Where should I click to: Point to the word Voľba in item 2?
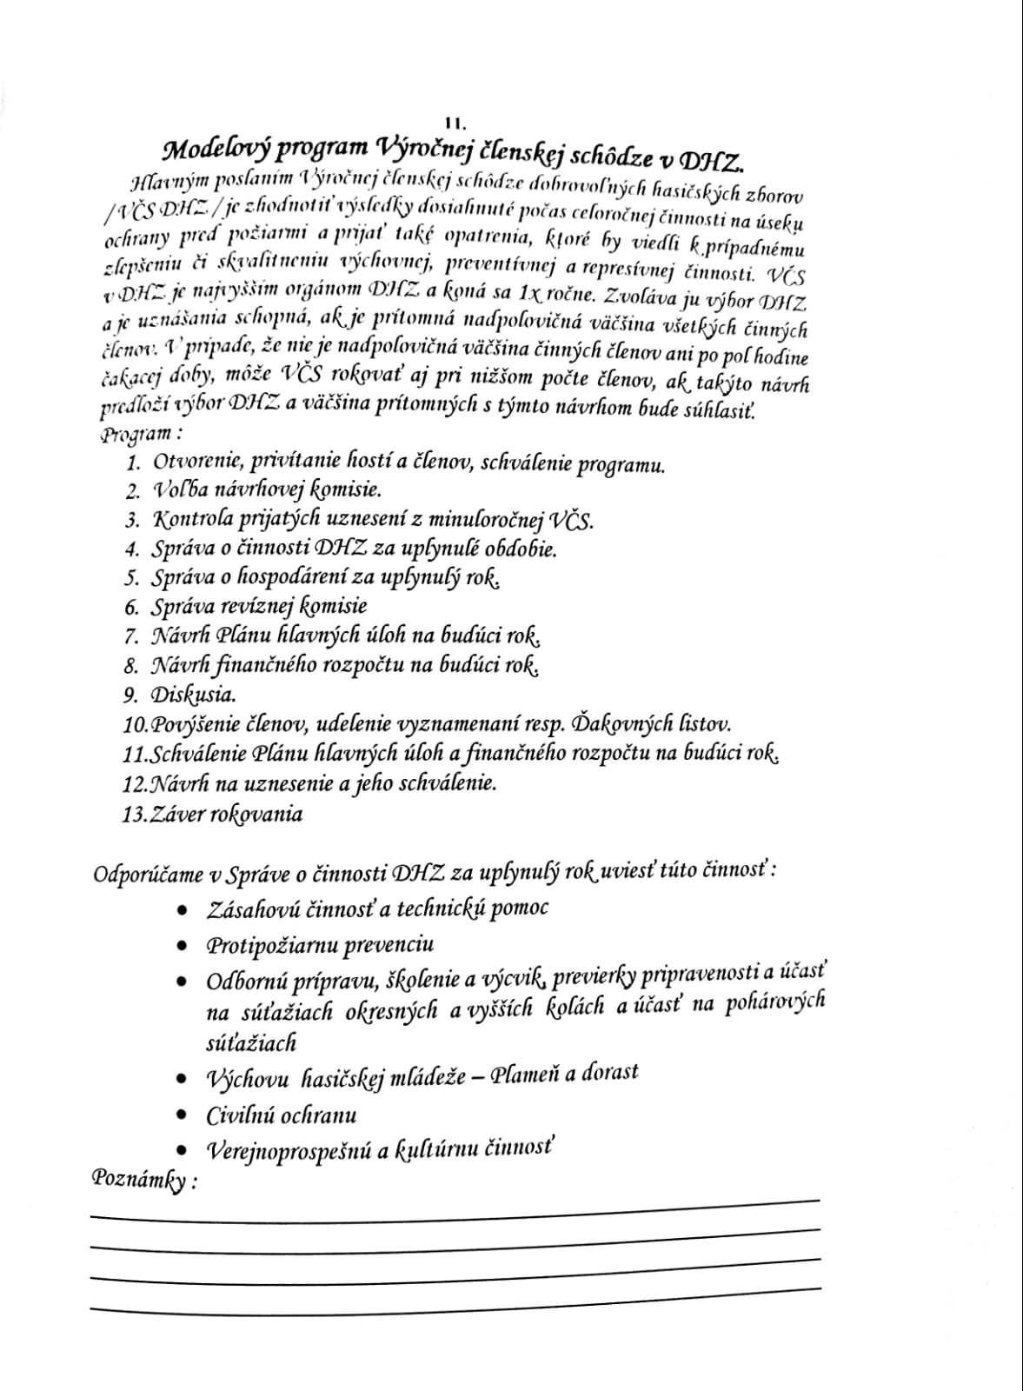click(182, 491)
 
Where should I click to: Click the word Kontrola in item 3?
click(192, 520)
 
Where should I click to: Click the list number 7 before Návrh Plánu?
click(132, 637)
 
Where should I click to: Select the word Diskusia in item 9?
click(194, 695)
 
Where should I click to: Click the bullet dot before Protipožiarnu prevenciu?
click(181, 946)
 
